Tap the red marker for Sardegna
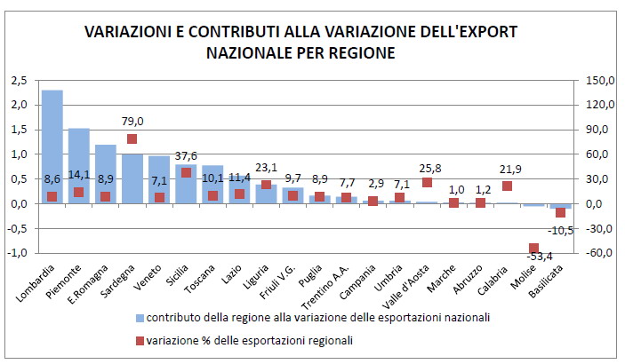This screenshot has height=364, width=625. pos(132,138)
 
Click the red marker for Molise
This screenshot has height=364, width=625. pos(533,248)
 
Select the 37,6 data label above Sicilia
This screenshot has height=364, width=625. pos(185,156)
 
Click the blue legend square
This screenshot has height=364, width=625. pos(139,316)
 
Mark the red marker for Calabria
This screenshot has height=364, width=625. pos(507,186)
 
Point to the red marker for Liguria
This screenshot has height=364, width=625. pos(266,185)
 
